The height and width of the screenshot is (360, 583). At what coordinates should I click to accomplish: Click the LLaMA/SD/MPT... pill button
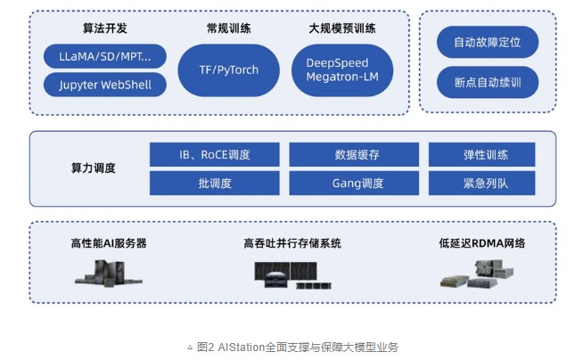[x=105, y=56]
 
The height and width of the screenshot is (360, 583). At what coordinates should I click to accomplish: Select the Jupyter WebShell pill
[x=105, y=85]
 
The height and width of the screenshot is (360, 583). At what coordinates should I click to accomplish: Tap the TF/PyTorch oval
[x=229, y=70]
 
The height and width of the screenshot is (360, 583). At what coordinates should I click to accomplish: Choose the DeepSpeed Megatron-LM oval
[x=342, y=70]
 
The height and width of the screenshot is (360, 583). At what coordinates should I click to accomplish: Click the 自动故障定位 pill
[x=488, y=42]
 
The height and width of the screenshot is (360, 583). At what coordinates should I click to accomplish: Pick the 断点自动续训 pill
[x=488, y=82]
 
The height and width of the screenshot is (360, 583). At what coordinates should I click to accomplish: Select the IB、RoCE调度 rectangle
[x=215, y=154]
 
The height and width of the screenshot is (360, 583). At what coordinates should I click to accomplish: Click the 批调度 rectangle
[x=215, y=184]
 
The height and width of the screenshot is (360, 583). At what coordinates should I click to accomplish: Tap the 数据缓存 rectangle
[x=354, y=154]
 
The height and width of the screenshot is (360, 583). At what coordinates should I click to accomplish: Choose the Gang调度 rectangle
[x=354, y=184]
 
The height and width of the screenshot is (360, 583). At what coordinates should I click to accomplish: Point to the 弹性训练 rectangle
[x=482, y=154]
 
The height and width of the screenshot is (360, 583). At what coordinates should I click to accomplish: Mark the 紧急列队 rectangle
[x=482, y=184]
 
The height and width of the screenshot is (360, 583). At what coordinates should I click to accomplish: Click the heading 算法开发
[x=105, y=29]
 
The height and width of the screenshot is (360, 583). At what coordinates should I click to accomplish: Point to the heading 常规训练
[x=229, y=29]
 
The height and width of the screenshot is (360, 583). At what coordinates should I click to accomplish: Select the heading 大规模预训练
[x=342, y=29]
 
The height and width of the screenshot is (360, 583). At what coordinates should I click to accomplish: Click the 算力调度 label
[x=94, y=168]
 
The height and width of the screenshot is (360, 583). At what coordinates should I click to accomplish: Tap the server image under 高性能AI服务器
[x=109, y=274]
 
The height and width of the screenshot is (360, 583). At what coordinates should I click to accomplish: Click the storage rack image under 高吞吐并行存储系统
[x=292, y=275]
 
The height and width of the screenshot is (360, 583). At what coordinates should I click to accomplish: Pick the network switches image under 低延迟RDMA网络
[x=477, y=274]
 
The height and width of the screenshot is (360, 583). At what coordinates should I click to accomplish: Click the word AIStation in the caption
[x=242, y=348]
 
